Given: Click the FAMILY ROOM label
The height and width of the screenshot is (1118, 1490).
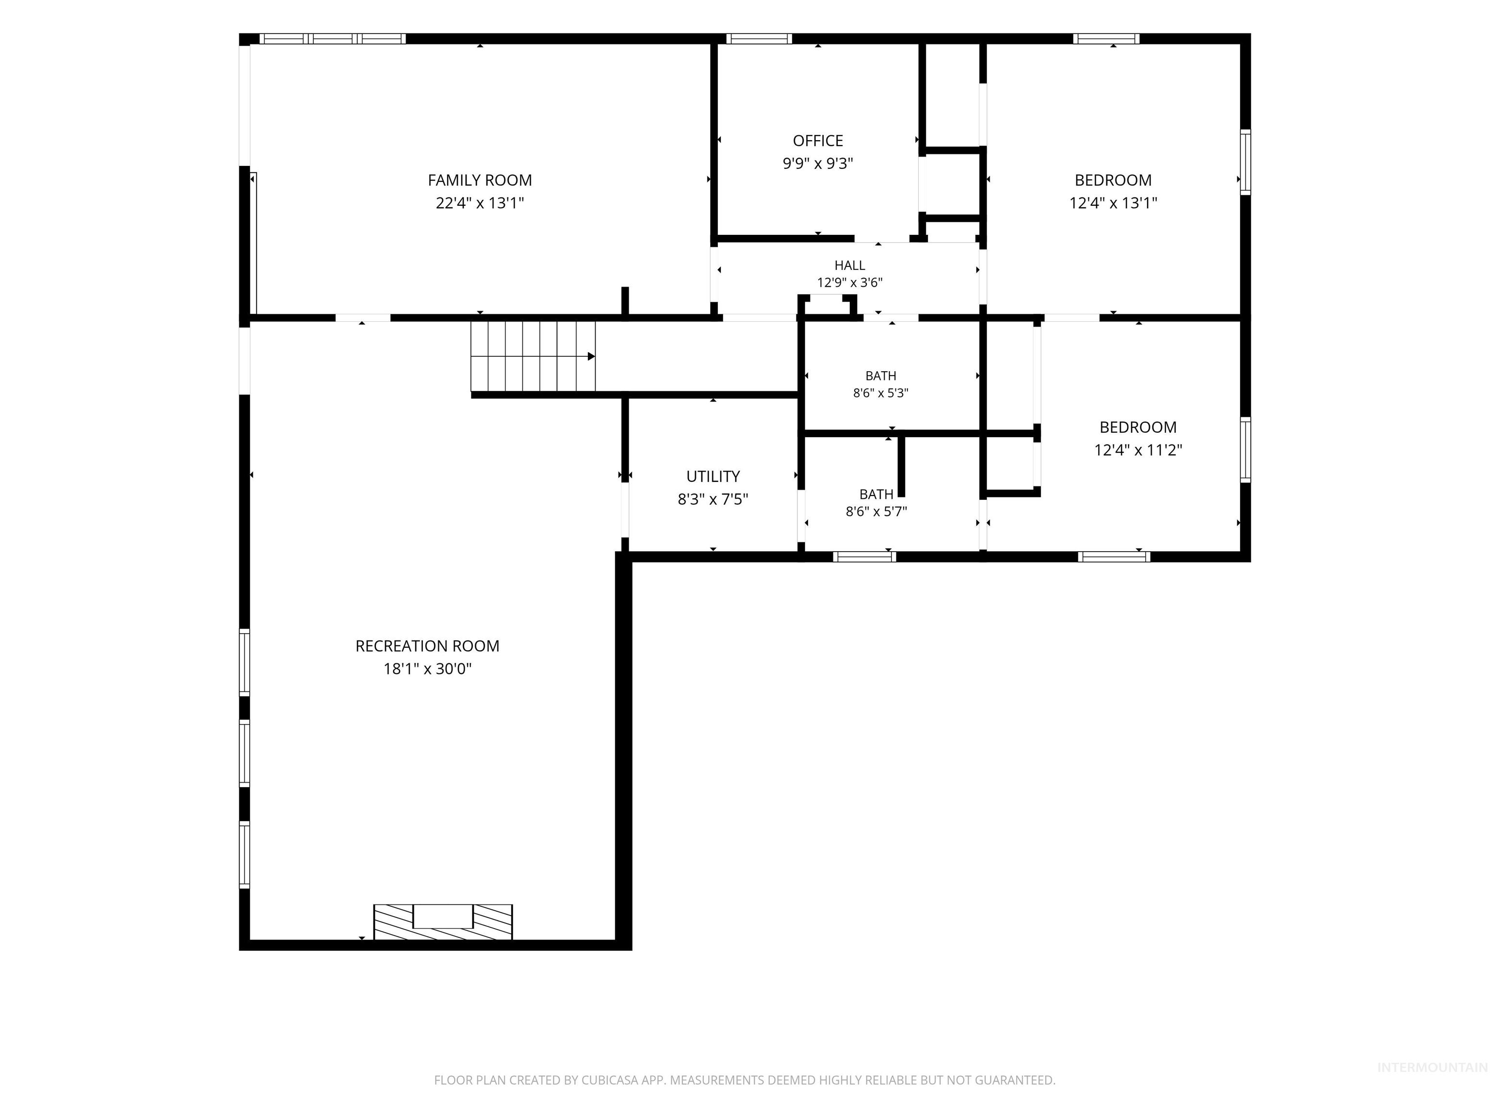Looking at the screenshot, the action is [480, 180].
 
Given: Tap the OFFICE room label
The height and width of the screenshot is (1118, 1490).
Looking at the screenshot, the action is [818, 140].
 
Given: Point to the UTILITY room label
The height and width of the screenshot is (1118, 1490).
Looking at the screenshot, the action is [713, 477].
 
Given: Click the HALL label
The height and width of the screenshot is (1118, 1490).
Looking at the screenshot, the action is [849, 265].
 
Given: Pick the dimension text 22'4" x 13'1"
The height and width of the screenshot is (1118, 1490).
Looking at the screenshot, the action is [480, 203].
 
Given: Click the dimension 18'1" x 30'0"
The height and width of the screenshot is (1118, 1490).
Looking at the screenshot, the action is [427, 669].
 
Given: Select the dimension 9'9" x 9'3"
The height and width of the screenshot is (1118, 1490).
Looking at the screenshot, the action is [818, 163].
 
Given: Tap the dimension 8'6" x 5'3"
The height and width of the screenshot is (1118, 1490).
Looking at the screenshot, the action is [880, 393].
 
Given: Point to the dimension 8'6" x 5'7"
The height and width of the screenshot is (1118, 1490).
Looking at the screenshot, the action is [876, 511].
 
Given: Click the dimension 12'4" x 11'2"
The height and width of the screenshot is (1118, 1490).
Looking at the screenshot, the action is [1138, 449].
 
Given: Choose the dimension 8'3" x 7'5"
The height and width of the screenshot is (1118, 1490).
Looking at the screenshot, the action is [713, 499].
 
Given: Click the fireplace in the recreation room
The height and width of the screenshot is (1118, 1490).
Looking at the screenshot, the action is [443, 922].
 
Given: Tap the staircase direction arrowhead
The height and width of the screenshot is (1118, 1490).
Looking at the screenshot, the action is [591, 357].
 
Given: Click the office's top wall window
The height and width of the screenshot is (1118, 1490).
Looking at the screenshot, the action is [759, 38].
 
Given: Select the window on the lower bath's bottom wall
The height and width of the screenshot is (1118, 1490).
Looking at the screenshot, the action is [864, 557].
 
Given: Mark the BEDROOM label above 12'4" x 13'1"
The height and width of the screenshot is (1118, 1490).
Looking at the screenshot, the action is [1113, 180].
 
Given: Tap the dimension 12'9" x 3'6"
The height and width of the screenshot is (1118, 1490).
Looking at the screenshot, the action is [849, 282].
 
